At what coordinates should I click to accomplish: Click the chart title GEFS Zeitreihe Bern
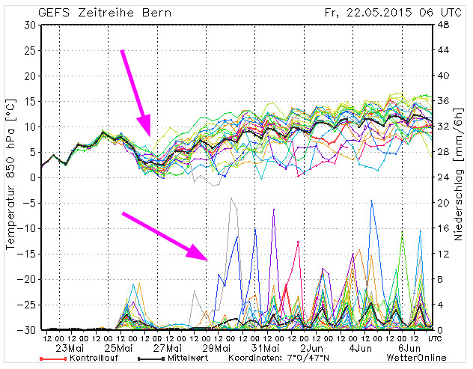[x=104, y=12]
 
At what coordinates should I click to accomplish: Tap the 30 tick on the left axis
[x=31, y=25]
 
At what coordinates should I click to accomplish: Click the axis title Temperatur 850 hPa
[x=11, y=176]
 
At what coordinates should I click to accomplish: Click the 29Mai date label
[x=215, y=347]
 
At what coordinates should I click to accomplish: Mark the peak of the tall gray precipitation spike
[x=232, y=198]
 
